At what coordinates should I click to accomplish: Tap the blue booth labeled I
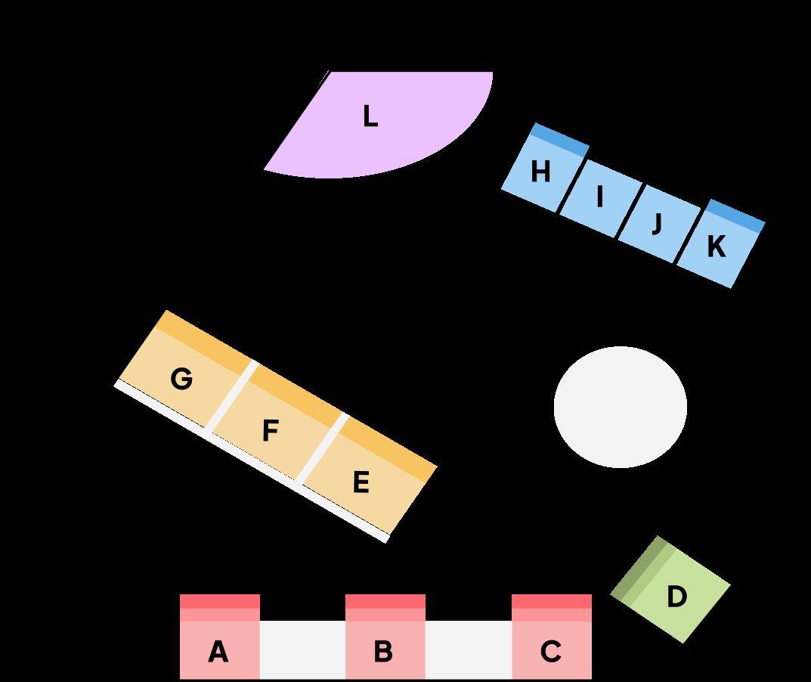(x=600, y=197)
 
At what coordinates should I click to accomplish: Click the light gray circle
(x=620, y=407)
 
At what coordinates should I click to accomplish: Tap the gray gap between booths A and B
(x=302, y=649)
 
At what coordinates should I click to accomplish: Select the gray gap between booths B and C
(x=468, y=649)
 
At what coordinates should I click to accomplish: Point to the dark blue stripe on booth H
(x=560, y=140)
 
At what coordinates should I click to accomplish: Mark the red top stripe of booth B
(x=385, y=601)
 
